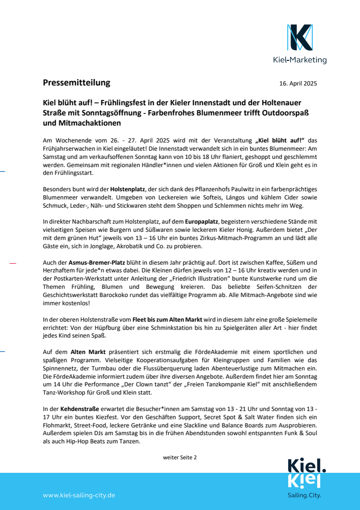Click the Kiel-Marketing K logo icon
tap(299, 37)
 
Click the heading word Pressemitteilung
tap(76, 83)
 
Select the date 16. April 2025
tap(298, 83)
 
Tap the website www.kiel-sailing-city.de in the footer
tap(79, 495)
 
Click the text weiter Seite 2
tap(180, 457)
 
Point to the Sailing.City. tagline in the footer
tap(304, 496)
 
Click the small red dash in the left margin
tap(13, 264)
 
